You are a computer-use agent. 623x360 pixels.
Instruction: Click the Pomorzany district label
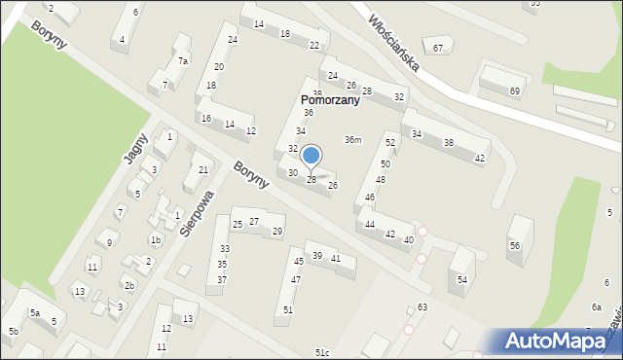pos(329,100)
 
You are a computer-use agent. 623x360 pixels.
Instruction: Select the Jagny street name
pos(135,149)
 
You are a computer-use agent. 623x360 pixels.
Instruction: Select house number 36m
pos(352,140)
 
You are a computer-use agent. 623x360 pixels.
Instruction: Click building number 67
pos(438,49)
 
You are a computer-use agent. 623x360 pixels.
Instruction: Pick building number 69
pos(514,91)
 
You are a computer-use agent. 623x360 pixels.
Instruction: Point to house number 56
pos(514,246)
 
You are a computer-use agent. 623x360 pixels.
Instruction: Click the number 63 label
pos(421,307)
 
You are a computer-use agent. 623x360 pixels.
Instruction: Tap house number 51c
pos(321,353)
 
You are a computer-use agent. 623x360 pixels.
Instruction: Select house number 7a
pos(182,61)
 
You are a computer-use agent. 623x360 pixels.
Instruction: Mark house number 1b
pos(155,240)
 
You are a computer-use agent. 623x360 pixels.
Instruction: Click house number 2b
pos(128,286)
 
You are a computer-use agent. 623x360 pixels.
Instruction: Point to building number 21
pos(202,170)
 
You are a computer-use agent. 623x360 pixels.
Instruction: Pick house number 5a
pos(34,313)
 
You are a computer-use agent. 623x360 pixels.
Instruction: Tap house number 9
pos(110,243)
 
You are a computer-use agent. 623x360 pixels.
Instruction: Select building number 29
pos(277,232)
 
